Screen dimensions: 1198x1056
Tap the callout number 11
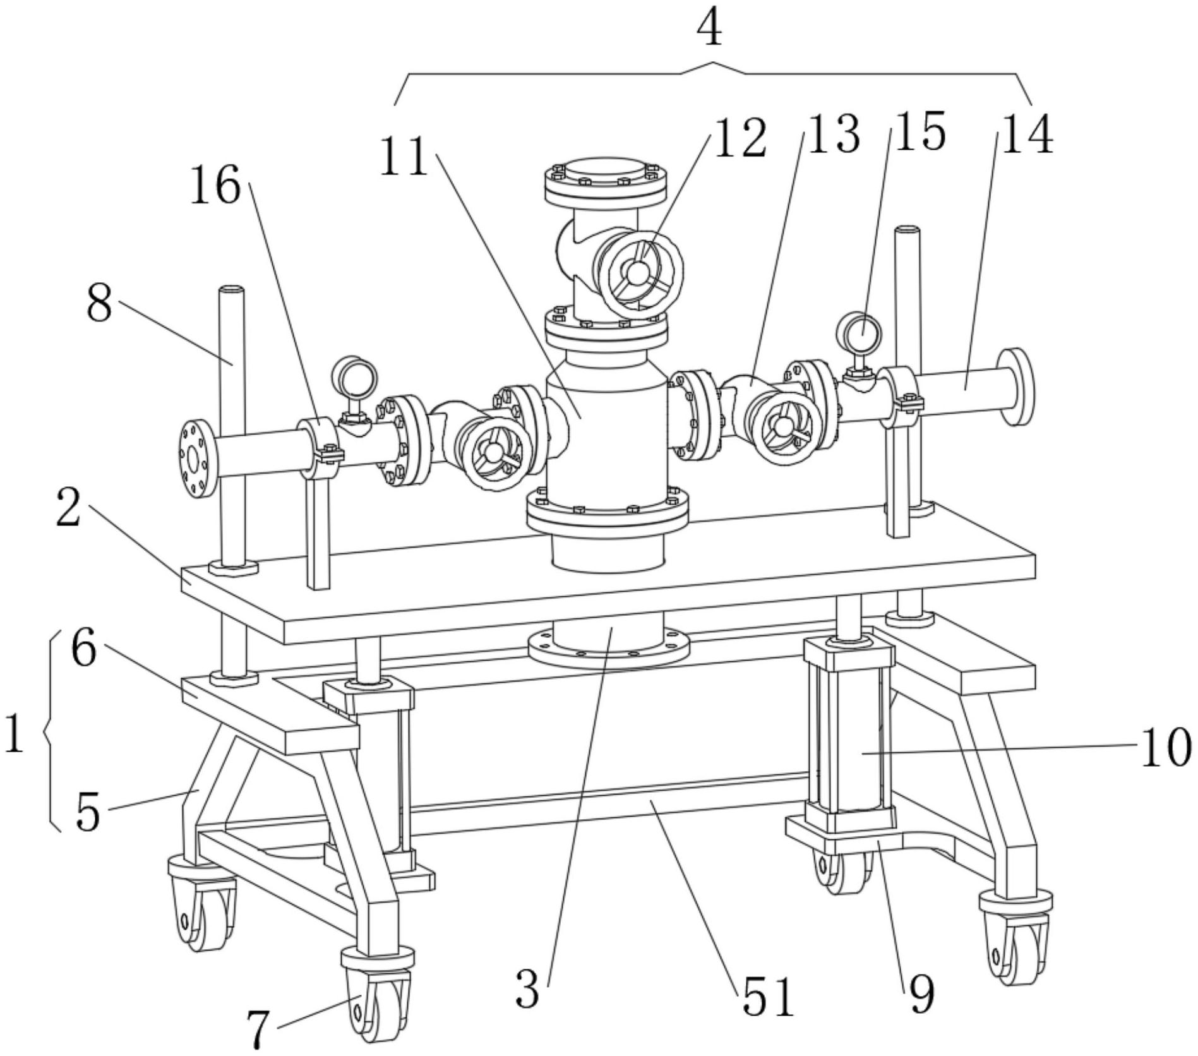pyautogui.click(x=404, y=157)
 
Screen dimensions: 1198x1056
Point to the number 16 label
pyautogui.click(x=216, y=185)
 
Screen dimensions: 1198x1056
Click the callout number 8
pyautogui.click(x=100, y=303)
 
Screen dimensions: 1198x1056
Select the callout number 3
pyautogui.click(x=527, y=989)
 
